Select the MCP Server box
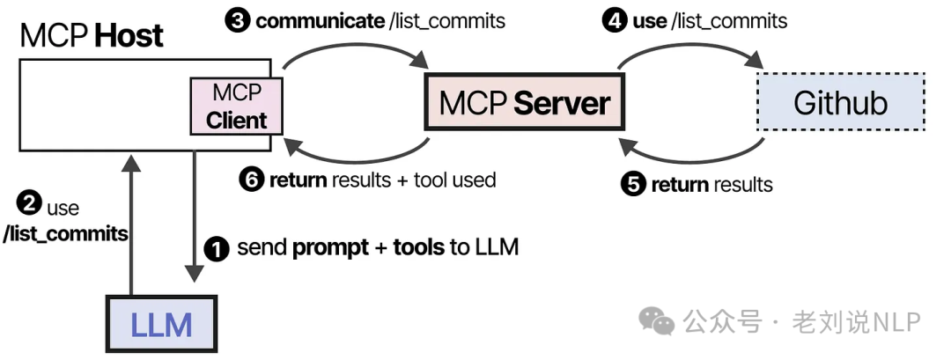[523, 103]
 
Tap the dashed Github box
[840, 102]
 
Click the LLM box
[160, 325]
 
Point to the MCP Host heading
[92, 35]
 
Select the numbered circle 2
[30, 205]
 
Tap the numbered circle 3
[237, 20]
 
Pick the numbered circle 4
[614, 20]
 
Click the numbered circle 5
[633, 184]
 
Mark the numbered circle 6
[252, 180]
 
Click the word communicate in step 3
[319, 20]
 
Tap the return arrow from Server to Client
[356, 157]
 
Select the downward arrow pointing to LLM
[193, 216]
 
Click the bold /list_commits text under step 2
[66, 234]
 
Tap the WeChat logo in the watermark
[657, 322]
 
